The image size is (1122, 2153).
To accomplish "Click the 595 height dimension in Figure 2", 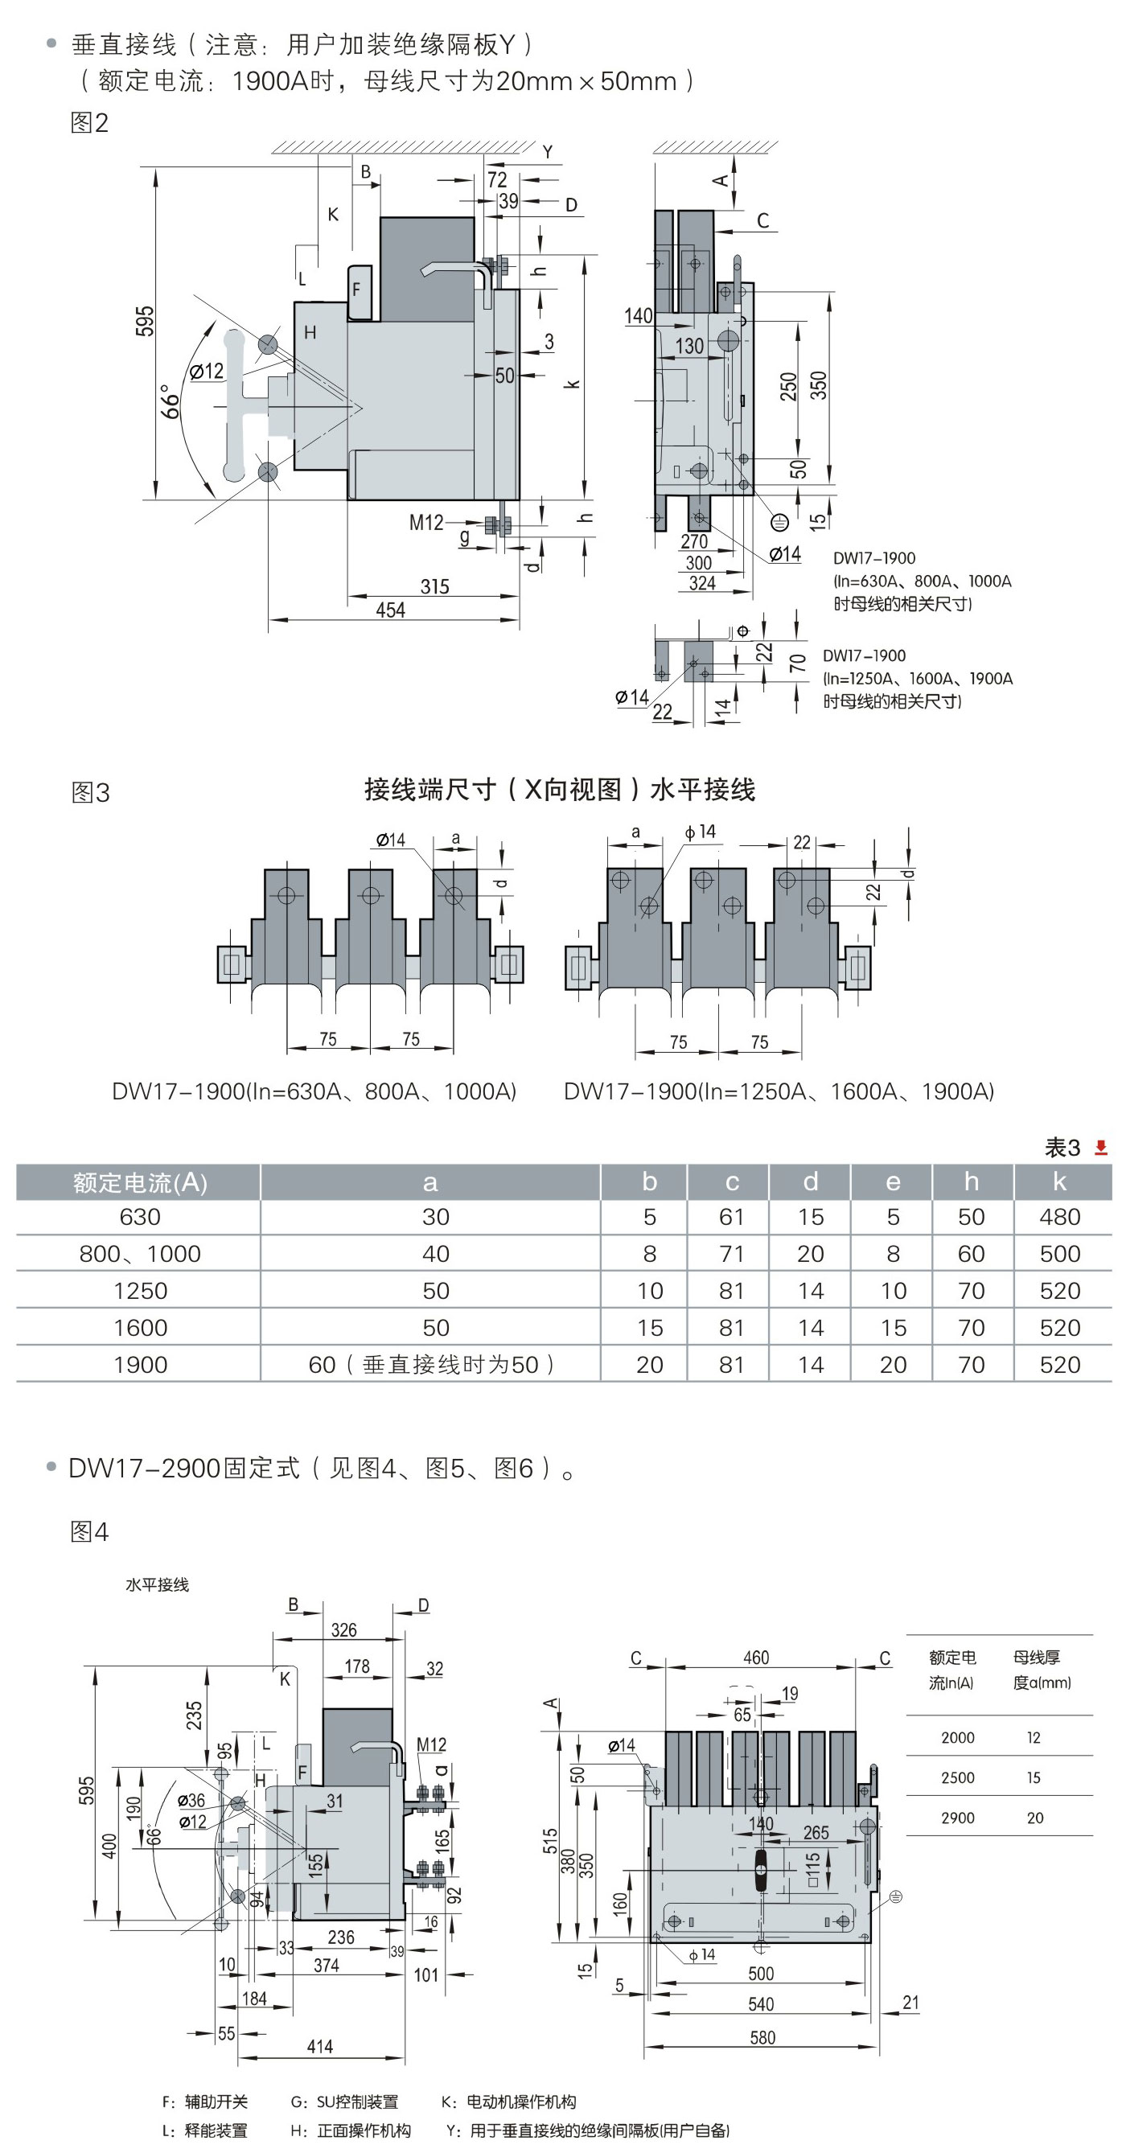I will [x=145, y=321].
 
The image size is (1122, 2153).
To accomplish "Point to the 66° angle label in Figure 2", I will [x=170, y=402].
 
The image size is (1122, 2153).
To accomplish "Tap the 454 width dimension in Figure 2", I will [x=390, y=610].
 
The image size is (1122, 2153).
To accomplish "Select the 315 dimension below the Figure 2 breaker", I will [x=435, y=587].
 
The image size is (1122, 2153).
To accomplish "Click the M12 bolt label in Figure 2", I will [x=425, y=523].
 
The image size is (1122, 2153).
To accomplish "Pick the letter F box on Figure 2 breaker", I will [x=359, y=290].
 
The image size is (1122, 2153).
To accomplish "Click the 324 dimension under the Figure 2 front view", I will [x=702, y=583].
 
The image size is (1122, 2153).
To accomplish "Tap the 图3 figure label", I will [x=90, y=792].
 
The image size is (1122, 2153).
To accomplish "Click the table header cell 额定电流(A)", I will [x=140, y=1181].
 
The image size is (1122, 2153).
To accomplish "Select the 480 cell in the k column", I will [x=1059, y=1217].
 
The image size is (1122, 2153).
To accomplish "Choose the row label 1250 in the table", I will [x=141, y=1291].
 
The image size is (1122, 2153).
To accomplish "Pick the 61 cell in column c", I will [x=732, y=1217].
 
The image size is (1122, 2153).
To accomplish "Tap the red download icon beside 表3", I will [x=1101, y=1148].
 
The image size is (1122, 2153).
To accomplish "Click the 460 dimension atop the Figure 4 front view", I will [x=756, y=1658].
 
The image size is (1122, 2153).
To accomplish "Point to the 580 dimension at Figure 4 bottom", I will [x=762, y=2037].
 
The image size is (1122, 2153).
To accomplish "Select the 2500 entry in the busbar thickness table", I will [x=957, y=1777].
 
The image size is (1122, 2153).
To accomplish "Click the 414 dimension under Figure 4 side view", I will [x=319, y=2046].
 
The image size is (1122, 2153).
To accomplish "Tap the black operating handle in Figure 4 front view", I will [x=761, y=1870].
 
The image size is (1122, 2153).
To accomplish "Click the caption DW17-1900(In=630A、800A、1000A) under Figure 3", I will [x=314, y=1091].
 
